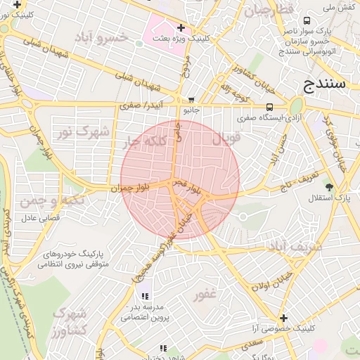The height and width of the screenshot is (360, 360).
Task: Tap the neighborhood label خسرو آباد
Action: [103, 37]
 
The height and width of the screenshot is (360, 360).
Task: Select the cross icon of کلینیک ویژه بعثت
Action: [181, 28]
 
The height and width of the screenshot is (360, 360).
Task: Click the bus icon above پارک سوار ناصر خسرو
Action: [307, 21]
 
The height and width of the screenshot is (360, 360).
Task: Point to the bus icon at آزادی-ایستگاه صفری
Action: [269, 108]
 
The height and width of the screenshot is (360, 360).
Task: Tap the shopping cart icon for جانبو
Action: [192, 100]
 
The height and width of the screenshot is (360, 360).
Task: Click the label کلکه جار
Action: [146, 142]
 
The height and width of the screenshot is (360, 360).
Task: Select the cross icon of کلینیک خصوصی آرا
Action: [283, 318]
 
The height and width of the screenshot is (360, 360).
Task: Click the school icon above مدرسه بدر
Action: [145, 297]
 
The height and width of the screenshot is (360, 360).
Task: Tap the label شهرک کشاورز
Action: [68, 321]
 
